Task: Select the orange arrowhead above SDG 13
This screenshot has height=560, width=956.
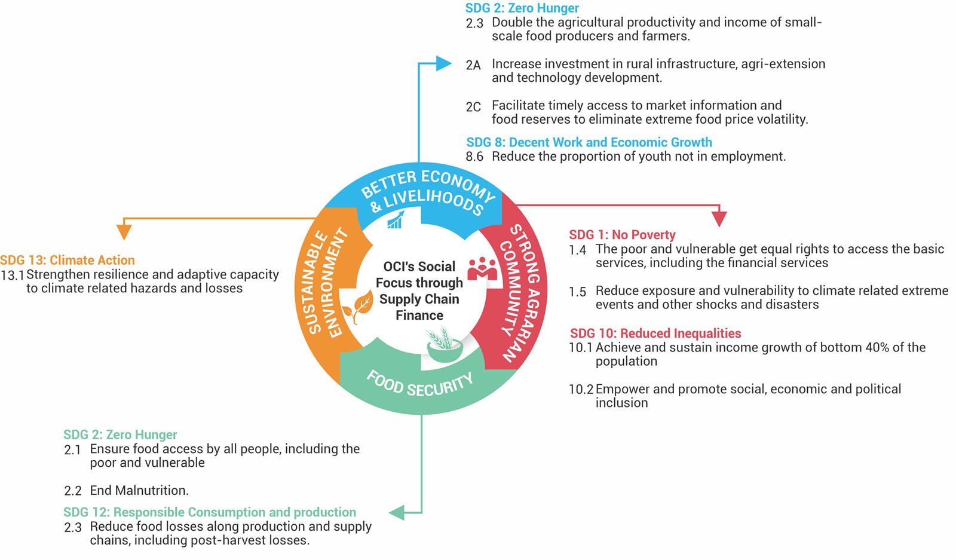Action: [124, 232]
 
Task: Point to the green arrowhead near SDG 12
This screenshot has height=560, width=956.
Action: [397, 512]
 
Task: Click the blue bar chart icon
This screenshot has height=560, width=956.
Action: [395, 220]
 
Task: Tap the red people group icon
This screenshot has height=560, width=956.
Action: [482, 268]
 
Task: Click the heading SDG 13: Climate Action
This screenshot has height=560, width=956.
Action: [68, 260]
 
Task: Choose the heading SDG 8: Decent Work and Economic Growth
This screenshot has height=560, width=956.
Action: [589, 142]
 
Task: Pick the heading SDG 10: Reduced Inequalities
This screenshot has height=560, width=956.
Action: [655, 333]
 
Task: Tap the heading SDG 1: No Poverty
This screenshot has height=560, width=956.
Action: [622, 235]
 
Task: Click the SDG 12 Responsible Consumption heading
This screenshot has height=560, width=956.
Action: [210, 512]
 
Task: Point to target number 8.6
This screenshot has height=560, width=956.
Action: [474, 157]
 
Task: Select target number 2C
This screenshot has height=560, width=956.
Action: [473, 107]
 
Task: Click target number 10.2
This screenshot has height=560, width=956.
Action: [581, 389]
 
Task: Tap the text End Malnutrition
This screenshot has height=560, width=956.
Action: [139, 491]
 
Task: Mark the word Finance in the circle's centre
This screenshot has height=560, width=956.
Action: [419, 316]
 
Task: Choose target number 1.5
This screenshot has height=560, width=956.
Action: [577, 292]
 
